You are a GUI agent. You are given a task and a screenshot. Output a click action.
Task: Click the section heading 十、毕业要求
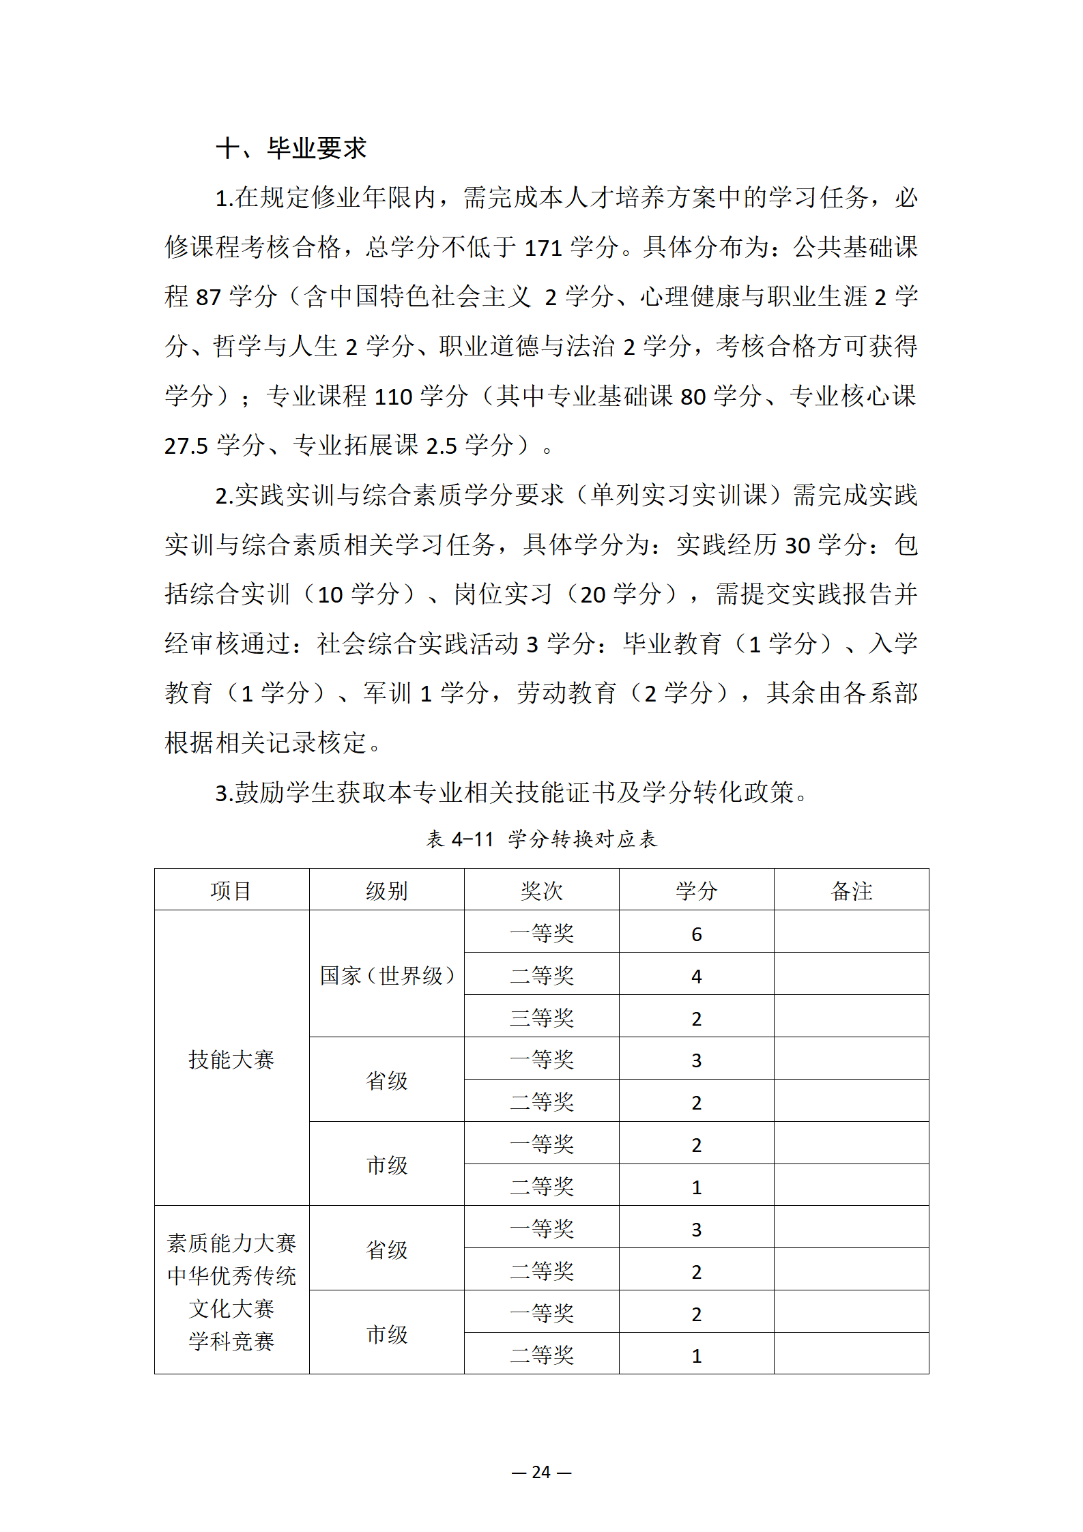point(291,148)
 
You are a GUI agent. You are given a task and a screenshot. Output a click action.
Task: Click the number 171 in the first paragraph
point(543,248)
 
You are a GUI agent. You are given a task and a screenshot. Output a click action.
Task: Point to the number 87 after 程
point(208,298)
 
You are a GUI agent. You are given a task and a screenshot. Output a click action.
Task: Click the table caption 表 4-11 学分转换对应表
point(541,839)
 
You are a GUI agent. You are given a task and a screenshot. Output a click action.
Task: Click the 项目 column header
point(231,891)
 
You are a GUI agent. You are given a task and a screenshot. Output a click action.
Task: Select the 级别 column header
point(387,891)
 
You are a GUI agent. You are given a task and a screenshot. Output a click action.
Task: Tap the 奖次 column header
point(542,891)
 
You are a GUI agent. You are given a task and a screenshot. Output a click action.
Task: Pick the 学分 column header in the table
point(697,891)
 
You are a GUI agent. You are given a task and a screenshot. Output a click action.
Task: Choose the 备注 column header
point(852,891)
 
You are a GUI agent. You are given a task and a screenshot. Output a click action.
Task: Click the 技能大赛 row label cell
point(231,1059)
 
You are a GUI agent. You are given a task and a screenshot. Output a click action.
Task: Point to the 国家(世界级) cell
point(387,975)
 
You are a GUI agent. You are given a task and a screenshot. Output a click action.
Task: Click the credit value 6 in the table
point(697,934)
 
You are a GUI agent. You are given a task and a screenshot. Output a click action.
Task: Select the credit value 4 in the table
point(697,977)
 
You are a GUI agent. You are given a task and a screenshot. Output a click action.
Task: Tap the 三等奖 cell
point(542,1018)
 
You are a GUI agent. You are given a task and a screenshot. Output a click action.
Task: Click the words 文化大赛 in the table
point(231,1309)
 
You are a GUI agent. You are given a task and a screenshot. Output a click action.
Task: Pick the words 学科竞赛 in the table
point(231,1342)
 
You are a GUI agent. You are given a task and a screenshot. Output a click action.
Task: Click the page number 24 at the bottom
point(541,1472)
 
